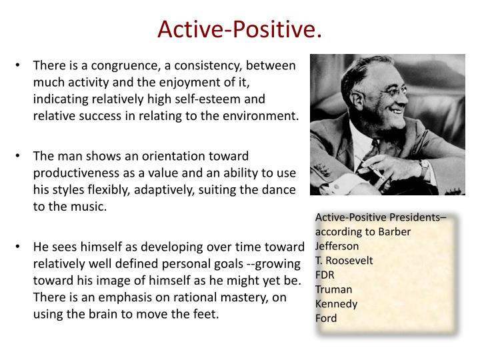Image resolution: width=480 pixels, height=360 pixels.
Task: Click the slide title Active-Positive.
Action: pyautogui.click(x=239, y=29)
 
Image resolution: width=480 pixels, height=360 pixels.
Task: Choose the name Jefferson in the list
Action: pyautogui.click(x=337, y=246)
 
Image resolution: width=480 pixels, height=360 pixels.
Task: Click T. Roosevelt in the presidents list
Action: pyautogui.click(x=344, y=261)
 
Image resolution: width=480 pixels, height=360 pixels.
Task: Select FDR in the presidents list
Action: pyautogui.click(x=325, y=275)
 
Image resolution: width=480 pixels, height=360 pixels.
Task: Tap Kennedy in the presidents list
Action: pyautogui.click(x=336, y=304)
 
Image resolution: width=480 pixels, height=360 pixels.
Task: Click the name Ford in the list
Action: pyautogui.click(x=326, y=319)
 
